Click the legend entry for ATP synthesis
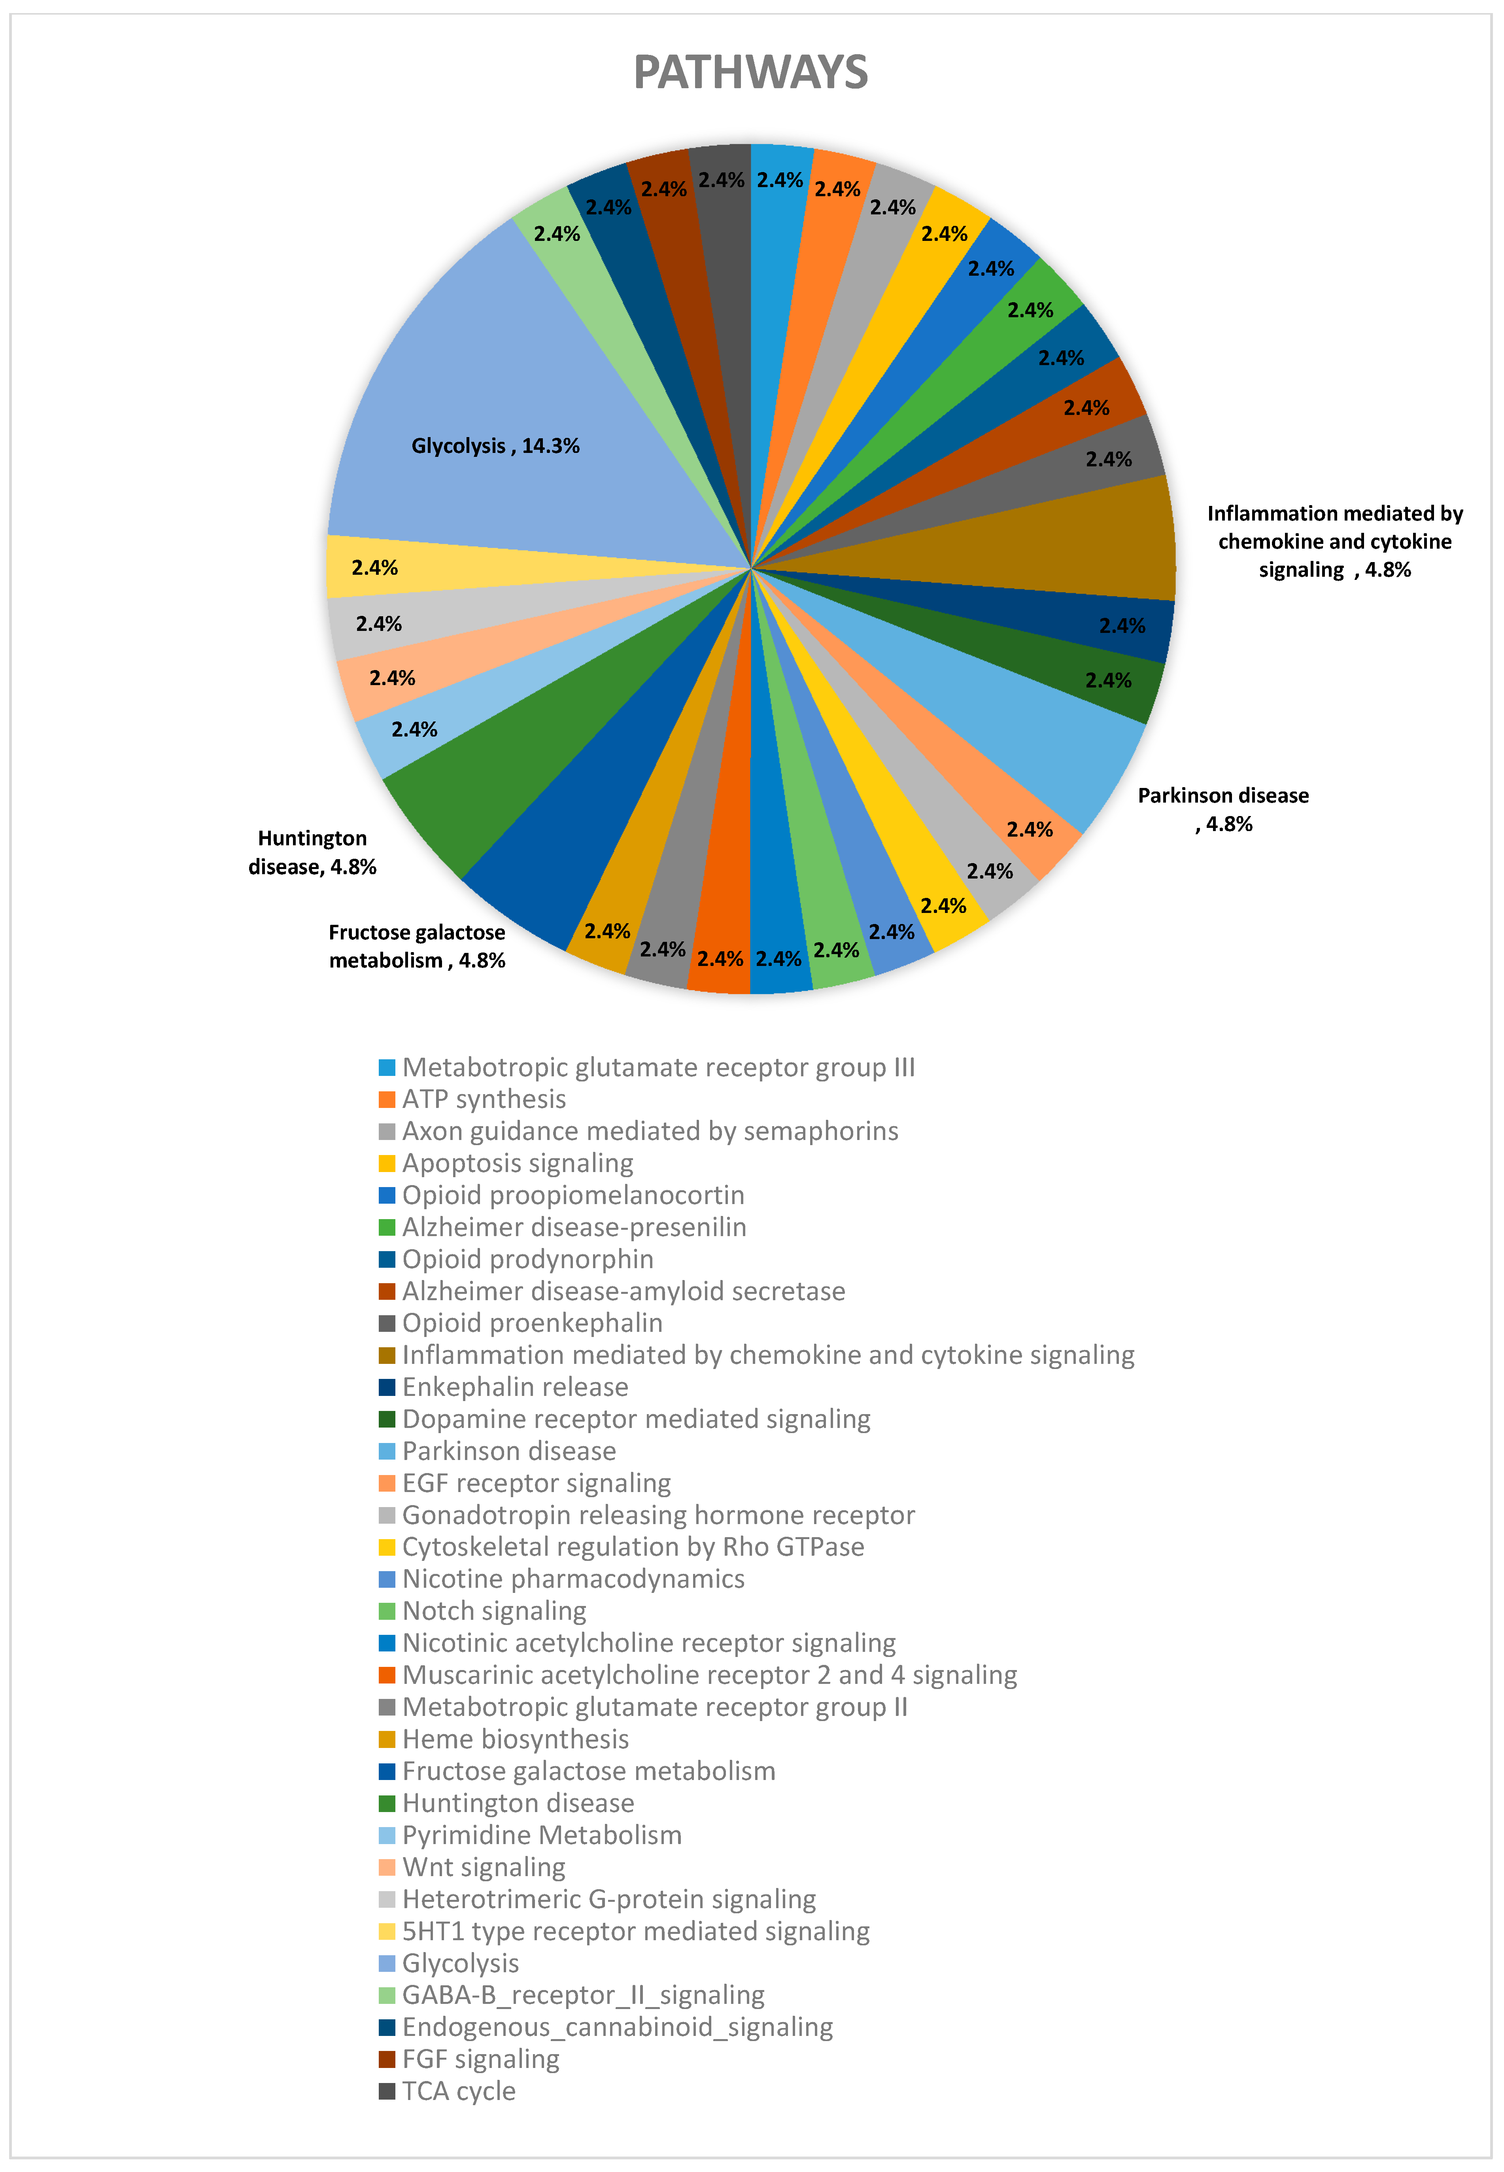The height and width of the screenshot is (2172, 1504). (484, 1099)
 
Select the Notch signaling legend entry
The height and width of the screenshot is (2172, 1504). (494, 1611)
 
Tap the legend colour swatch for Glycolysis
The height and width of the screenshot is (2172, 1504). (386, 1964)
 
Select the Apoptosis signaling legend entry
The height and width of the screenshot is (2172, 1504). (518, 1163)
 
